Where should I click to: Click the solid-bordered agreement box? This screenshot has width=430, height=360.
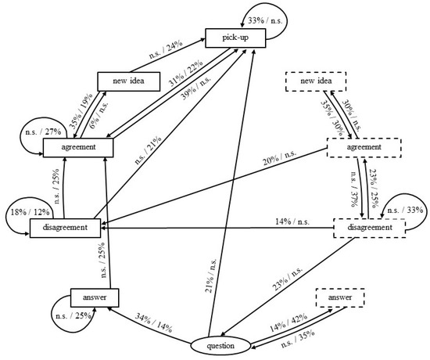79,146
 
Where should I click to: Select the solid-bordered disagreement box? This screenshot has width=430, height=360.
66,228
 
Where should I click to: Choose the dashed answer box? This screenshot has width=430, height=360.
341,297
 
